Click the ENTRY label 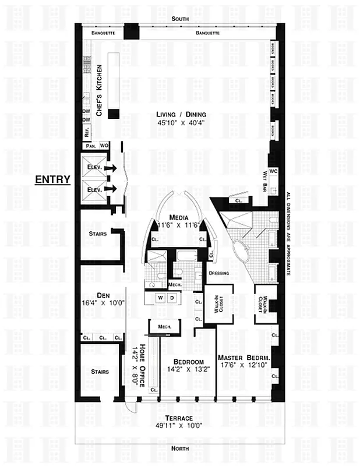(x=52, y=179)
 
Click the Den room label (x=95, y=294)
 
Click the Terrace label (x=179, y=418)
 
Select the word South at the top (x=179, y=19)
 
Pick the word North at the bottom (x=179, y=448)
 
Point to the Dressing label (x=218, y=273)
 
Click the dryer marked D (x=172, y=298)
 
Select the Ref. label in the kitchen (x=86, y=130)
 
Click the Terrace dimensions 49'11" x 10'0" (x=179, y=426)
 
